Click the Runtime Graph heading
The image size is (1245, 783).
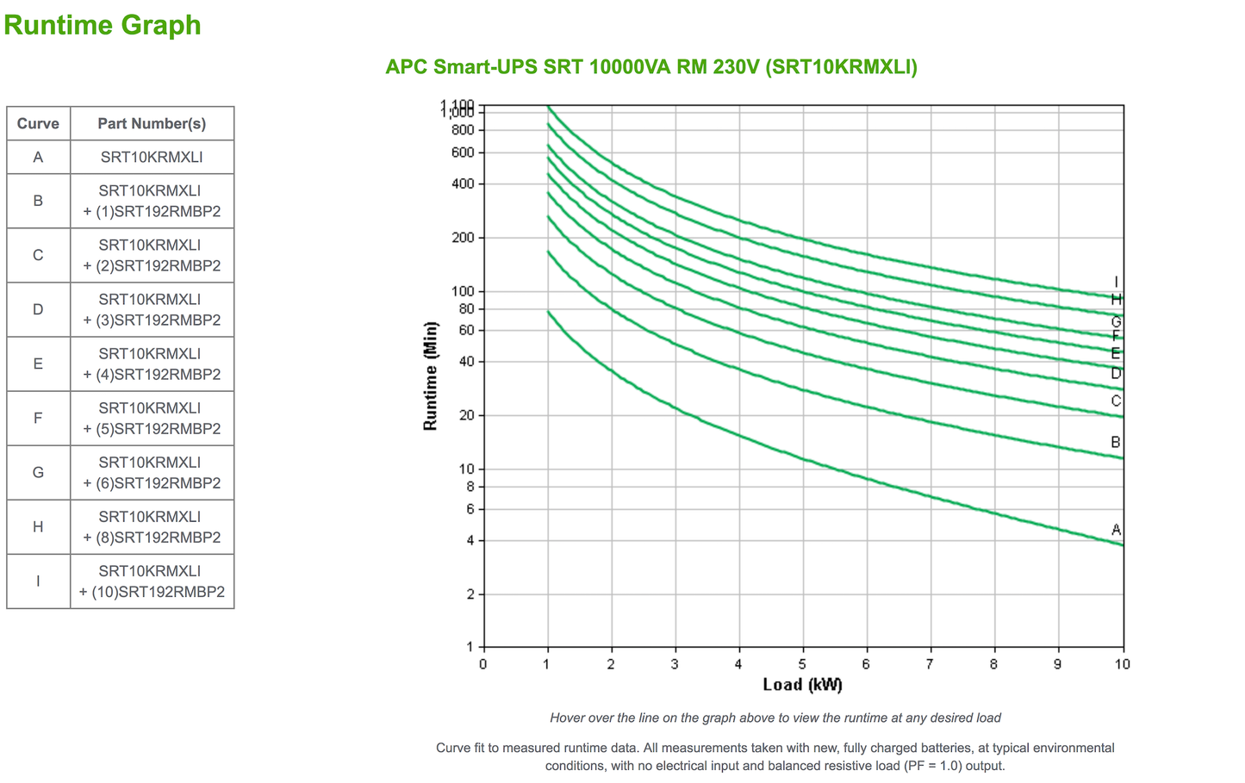pyautogui.click(x=103, y=25)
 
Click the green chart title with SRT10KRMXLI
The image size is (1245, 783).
pyautogui.click(x=651, y=67)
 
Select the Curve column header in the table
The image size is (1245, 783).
pyautogui.click(x=38, y=123)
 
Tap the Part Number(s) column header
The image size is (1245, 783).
pyautogui.click(x=152, y=123)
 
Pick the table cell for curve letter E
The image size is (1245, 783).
pyautogui.click(x=38, y=364)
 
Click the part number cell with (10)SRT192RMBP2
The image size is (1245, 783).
pyautogui.click(x=152, y=581)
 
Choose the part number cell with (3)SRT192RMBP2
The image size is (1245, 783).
pyautogui.click(x=152, y=309)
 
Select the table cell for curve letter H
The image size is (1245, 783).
pyautogui.click(x=38, y=526)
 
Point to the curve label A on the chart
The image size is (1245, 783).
pyautogui.click(x=1116, y=530)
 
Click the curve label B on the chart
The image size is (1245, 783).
pyautogui.click(x=1116, y=443)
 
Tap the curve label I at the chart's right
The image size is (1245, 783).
pyautogui.click(x=1116, y=283)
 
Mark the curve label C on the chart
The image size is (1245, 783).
pyautogui.click(x=1116, y=401)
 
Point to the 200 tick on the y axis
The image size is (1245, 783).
pyautogui.click(x=464, y=238)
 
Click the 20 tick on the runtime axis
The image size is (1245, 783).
pyautogui.click(x=466, y=415)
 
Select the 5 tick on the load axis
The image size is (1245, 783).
pyautogui.click(x=802, y=664)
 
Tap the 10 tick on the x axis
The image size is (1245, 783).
pyautogui.click(x=1122, y=664)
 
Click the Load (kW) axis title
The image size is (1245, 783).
pyautogui.click(x=802, y=685)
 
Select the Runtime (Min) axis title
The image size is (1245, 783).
pyautogui.click(x=431, y=376)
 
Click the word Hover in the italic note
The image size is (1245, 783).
pyautogui.click(x=568, y=718)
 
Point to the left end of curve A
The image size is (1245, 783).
pyautogui.click(x=549, y=312)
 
